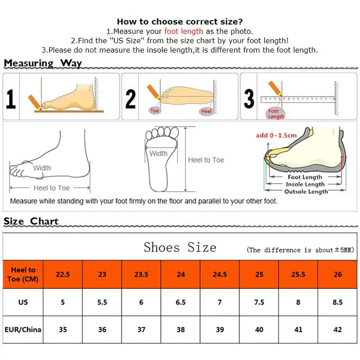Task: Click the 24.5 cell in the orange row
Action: [220, 274]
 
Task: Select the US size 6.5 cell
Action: [180, 302]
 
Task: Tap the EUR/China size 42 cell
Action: [337, 329]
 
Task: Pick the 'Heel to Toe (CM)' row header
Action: [23, 274]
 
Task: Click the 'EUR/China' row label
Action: [23, 329]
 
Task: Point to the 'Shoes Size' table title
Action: [180, 247]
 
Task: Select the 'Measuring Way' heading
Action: [43, 63]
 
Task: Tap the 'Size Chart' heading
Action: [31, 221]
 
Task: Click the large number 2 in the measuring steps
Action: [130, 99]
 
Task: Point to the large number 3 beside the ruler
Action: [249, 99]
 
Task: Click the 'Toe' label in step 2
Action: [155, 110]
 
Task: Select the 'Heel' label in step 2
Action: [207, 111]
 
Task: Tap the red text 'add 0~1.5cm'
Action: [276, 135]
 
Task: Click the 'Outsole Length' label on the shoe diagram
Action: [306, 192]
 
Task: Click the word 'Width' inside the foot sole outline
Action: [158, 153]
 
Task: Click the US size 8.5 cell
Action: [337, 302]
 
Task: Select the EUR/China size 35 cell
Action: [63, 329]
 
